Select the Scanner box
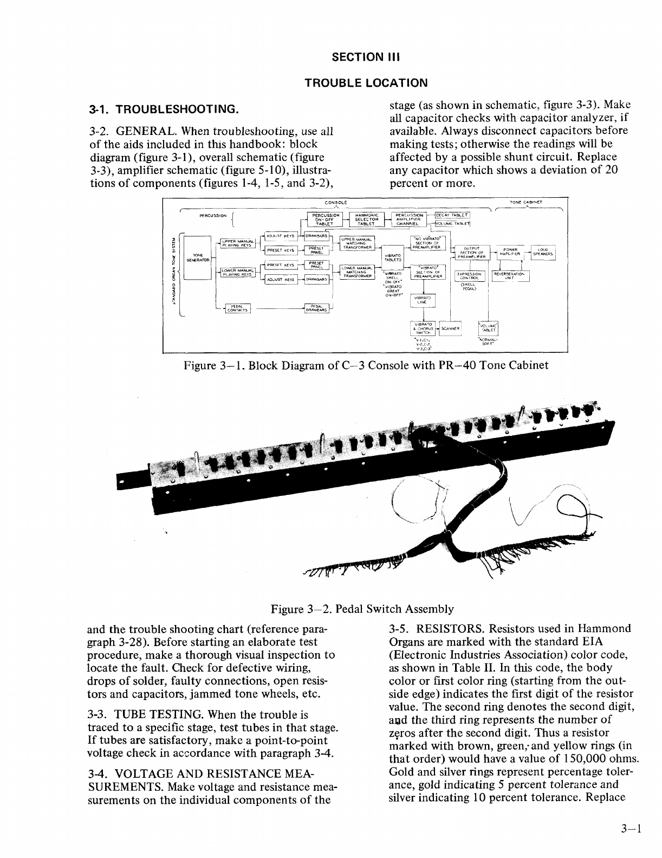pyautogui.click(x=450, y=327)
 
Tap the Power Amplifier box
pyautogui.click(x=510, y=252)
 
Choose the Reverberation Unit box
pyautogui.click(x=510, y=276)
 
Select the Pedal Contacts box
pyautogui.click(x=237, y=308)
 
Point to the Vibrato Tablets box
pyautogui.click(x=393, y=257)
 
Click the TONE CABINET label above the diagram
pyautogui.click(x=526, y=202)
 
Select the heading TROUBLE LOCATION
pyautogui.click(x=366, y=83)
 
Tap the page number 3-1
pyautogui.click(x=632, y=829)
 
